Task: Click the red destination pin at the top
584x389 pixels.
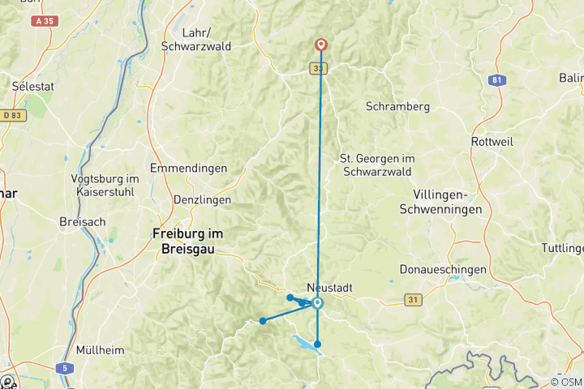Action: pos(321,45)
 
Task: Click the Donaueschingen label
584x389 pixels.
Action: pos(443,269)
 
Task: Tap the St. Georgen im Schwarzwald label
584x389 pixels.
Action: pos(376,165)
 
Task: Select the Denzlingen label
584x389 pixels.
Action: pos(202,199)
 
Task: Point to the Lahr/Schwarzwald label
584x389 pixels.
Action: pos(196,40)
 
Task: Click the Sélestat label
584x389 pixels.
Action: pos(34,85)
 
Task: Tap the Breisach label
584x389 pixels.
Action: pos(79,221)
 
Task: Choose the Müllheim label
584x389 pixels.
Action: pos(98,350)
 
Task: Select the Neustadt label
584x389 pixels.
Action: pos(328,287)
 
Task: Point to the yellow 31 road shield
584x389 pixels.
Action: pos(414,301)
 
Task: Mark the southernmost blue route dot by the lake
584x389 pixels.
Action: pos(318,344)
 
